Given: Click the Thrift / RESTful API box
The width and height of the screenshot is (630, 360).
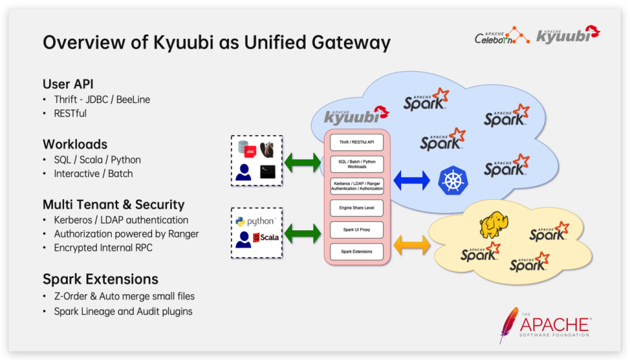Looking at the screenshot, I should point(356,143).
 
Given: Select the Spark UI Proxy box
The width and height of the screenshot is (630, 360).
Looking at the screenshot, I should point(356,230).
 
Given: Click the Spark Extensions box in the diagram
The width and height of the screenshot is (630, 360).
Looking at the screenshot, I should point(356,252).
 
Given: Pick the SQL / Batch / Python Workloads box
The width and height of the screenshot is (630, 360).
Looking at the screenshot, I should point(356,164).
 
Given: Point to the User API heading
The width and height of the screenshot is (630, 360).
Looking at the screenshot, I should point(67,84).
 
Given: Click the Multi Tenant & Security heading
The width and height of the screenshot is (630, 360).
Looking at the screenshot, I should point(114,205).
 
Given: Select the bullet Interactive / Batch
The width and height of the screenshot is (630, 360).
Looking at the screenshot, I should point(94,174).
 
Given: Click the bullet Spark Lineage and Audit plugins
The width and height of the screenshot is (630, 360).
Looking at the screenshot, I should point(123,311).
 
